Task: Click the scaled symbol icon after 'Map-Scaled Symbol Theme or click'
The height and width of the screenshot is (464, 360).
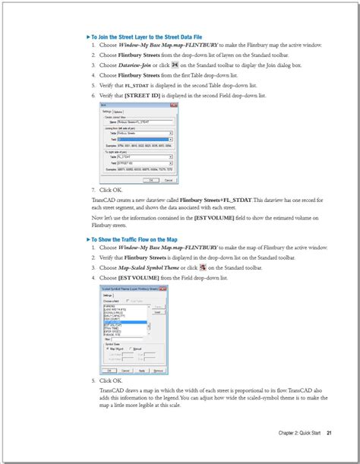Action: pyautogui.click(x=201, y=267)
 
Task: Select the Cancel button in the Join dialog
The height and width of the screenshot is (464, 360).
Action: pyautogui.click(x=168, y=180)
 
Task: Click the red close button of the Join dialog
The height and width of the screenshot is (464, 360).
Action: pyautogui.click(x=176, y=106)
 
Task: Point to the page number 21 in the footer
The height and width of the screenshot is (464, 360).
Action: pyautogui.click(x=329, y=434)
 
